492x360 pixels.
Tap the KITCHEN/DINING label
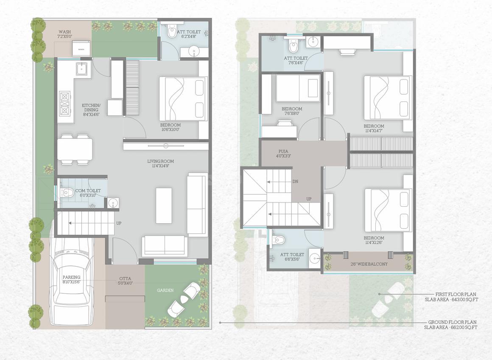pos(91,108)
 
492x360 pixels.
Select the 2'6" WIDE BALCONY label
pos(369,264)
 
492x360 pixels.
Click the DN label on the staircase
pos(296,181)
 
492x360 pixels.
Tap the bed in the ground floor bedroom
pos(183,98)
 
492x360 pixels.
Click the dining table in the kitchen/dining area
pos(75,149)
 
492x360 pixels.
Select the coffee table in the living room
pos(164,205)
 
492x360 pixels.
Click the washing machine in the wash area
pos(81,48)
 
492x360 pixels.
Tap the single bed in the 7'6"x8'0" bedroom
pos(298,88)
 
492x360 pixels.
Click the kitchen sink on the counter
pos(82,68)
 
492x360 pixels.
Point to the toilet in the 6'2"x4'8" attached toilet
pos(172,32)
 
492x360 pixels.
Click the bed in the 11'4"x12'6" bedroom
pos(388,211)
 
